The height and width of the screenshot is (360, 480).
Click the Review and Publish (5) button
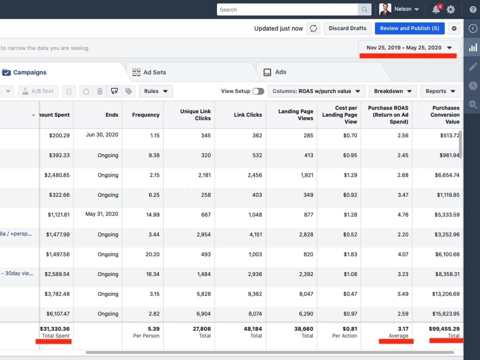click(409, 28)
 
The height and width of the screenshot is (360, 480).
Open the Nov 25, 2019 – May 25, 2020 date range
click(409, 48)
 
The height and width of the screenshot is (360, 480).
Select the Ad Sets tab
click(149, 72)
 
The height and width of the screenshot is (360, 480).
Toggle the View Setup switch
click(258, 91)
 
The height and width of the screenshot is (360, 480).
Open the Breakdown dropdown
click(393, 91)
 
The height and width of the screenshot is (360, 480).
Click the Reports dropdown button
click(441, 91)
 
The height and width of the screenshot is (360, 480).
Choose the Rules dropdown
click(156, 91)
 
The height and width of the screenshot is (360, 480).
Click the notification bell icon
click(436, 9)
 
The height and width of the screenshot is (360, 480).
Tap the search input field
click(287, 10)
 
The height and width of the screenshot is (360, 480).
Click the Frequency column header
click(146, 115)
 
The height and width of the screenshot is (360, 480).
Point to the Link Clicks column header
click(248, 115)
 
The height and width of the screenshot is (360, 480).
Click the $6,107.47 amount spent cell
click(58, 314)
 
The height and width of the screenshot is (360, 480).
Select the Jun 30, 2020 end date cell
click(102, 135)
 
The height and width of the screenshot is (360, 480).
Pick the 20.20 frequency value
click(153, 254)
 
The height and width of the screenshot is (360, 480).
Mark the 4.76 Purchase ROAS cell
click(403, 215)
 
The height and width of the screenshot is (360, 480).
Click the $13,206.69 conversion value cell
click(446, 294)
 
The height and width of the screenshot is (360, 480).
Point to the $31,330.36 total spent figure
click(55, 329)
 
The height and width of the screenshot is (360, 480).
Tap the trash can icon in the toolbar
click(100, 91)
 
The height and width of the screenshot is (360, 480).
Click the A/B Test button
click(38, 91)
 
